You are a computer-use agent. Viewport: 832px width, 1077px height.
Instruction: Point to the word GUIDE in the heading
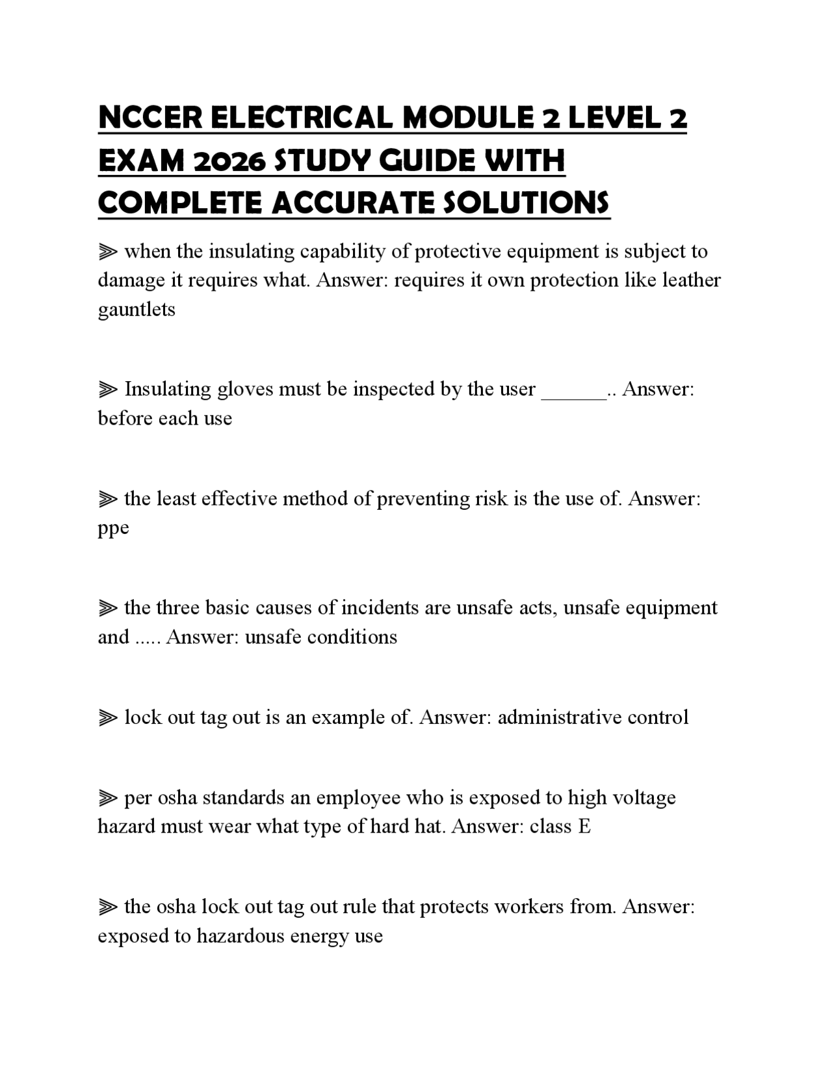[430, 161]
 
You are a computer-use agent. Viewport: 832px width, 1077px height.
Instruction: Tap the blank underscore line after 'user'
[573, 390]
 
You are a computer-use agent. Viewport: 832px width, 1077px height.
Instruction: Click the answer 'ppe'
[113, 528]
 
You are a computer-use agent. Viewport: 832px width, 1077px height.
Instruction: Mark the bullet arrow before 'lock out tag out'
[107, 718]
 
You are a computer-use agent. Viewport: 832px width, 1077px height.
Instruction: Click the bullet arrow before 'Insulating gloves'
[107, 390]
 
